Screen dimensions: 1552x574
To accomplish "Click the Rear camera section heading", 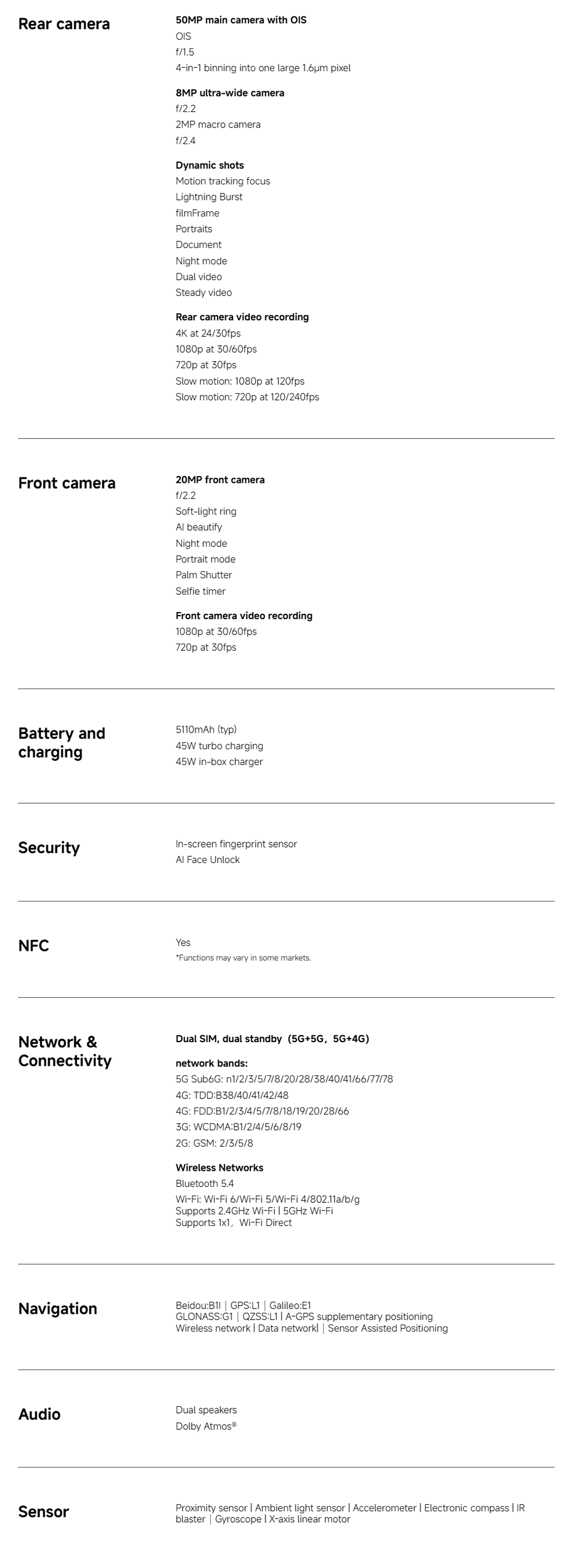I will click(64, 24).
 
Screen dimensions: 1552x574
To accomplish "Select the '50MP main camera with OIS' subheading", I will click(241, 20).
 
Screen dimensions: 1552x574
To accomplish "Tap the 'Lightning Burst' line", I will click(209, 197).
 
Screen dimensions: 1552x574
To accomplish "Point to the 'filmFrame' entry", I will click(197, 212).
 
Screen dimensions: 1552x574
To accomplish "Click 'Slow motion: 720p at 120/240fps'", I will click(247, 397).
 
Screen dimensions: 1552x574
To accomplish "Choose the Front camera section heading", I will click(66, 483).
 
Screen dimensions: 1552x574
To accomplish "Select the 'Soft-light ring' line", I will click(206, 512).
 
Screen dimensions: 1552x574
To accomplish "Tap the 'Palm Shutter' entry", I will click(204, 575).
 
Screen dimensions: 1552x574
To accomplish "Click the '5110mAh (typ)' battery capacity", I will click(206, 730).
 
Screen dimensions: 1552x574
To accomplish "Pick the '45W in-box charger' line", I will click(219, 761).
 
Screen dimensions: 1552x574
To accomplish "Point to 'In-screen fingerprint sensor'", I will click(236, 844).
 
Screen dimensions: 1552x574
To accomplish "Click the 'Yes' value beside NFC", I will click(183, 942).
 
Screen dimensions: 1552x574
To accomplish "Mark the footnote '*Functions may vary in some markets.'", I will click(243, 958).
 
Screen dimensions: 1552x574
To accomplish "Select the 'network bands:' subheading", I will click(211, 1063).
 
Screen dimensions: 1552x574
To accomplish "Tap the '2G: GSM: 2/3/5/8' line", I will click(215, 1143).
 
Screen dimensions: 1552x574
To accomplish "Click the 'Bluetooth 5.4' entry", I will click(205, 1183).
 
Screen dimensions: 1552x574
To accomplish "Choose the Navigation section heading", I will click(57, 1309).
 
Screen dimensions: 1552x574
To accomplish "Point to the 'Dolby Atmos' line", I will click(205, 1426).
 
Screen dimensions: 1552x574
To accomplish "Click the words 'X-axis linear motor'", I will click(309, 1519).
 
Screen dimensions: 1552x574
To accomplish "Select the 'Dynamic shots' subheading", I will click(210, 165).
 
